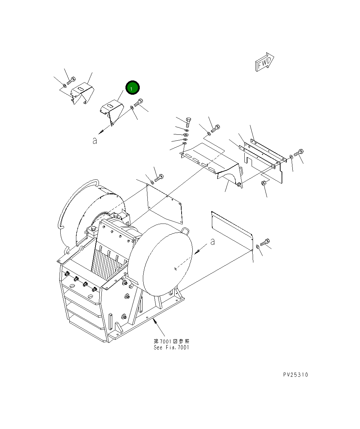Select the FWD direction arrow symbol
click(x=265, y=63)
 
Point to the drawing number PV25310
click(x=295, y=375)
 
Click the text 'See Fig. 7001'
click(x=171, y=348)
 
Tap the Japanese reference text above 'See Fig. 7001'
click(x=171, y=341)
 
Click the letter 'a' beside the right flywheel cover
click(x=212, y=241)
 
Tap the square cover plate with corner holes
click(x=164, y=204)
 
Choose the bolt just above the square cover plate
click(x=159, y=178)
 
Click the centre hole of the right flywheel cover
click(x=175, y=268)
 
